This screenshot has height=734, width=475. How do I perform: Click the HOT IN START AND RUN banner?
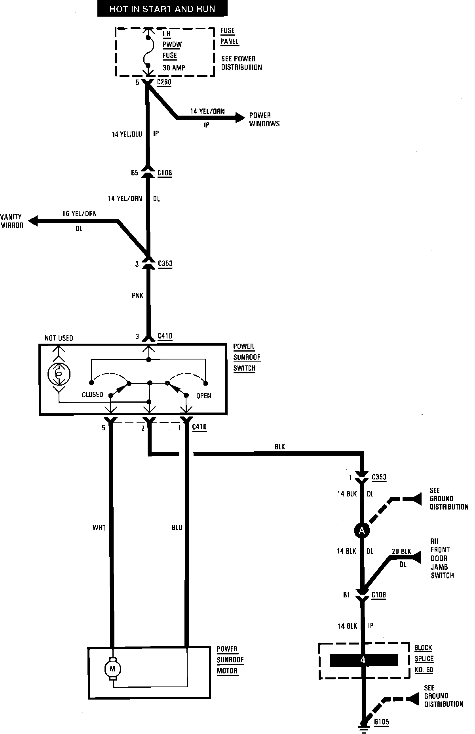pyautogui.click(x=162, y=9)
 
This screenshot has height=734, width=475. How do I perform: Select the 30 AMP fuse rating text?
pyautogui.click(x=174, y=68)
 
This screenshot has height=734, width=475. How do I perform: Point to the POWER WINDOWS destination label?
pyautogui.click(x=264, y=120)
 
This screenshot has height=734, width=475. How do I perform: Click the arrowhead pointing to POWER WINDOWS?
pyautogui.click(x=240, y=117)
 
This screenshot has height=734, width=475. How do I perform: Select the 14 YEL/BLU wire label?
pyautogui.click(x=127, y=135)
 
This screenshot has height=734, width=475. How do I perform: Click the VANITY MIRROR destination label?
pyautogui.click(x=12, y=221)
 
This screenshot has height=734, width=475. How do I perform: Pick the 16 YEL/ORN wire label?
pyautogui.click(x=79, y=214)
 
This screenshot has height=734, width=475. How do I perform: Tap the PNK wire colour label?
pyautogui.click(x=137, y=296)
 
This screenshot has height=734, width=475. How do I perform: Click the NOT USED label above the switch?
pyautogui.click(x=59, y=338)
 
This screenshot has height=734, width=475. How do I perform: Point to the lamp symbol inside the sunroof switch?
pyautogui.click(x=59, y=373)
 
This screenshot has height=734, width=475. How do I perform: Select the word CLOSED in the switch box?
pyautogui.click(x=92, y=395)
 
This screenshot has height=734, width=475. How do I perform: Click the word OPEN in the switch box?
pyautogui.click(x=203, y=396)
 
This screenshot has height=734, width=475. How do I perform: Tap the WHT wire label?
pyautogui.click(x=99, y=528)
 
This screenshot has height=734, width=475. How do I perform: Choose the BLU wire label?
pyautogui.click(x=177, y=528)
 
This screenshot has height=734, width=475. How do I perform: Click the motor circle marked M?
pyautogui.click(x=112, y=669)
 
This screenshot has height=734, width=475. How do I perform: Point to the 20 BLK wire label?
pyautogui.click(x=401, y=551)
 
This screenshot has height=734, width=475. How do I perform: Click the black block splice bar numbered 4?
pyautogui.click(x=364, y=660)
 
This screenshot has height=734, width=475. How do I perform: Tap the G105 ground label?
pyautogui.click(x=382, y=722)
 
